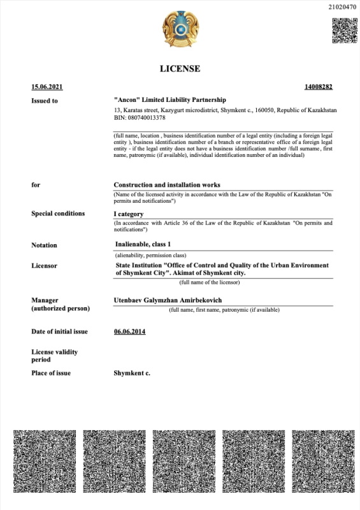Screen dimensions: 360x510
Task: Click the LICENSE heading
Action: pyautogui.click(x=180, y=68)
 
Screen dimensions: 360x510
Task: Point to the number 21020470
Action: pyautogui.click(x=342, y=8)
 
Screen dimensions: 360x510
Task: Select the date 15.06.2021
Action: pyautogui.click(x=47, y=87)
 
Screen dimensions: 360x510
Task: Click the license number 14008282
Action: pyautogui.click(x=319, y=87)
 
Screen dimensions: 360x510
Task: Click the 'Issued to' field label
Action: pyautogui.click(x=45, y=101)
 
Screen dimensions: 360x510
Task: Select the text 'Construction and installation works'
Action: pyautogui.click(x=167, y=185)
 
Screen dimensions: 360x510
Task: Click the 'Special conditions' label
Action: pyautogui.click(x=58, y=214)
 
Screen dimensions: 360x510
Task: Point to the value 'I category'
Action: pyautogui.click(x=129, y=214)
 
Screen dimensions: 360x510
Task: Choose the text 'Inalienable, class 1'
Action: pyautogui.click(x=143, y=244)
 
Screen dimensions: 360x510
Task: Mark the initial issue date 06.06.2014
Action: pyautogui.click(x=129, y=331)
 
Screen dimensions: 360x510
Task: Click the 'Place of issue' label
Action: pyautogui.click(x=51, y=373)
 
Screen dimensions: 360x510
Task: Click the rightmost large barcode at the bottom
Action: pyautogui.click(x=320, y=462)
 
